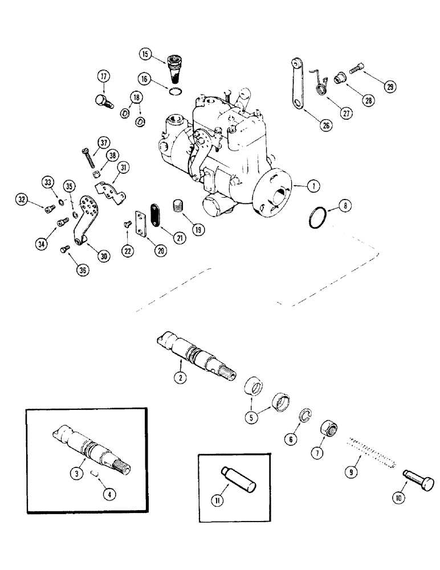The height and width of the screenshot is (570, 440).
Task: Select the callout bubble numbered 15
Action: coord(145,55)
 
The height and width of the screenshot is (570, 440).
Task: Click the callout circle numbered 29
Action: coord(390,87)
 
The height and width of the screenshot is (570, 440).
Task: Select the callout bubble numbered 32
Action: coord(22,199)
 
